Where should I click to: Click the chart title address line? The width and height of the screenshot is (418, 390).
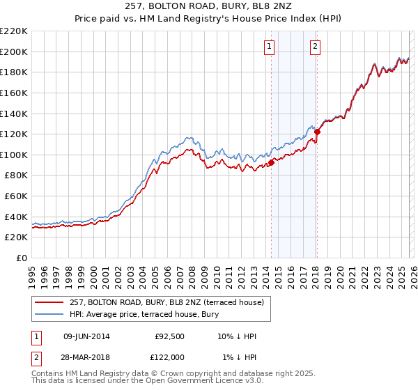(209, 7)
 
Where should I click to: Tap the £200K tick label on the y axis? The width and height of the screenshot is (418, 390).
(14, 52)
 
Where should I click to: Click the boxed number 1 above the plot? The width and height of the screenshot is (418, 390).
(269, 47)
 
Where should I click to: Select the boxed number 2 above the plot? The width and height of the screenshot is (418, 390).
(315, 47)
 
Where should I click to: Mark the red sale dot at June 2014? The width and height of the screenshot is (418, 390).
(271, 163)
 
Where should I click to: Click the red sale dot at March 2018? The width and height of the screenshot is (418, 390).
(317, 132)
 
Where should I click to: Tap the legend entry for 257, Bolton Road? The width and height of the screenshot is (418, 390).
(167, 302)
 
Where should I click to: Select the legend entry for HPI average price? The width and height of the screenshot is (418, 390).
(144, 315)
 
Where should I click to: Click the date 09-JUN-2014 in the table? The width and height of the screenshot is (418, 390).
(86, 337)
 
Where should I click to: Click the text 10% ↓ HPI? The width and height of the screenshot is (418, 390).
(237, 337)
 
